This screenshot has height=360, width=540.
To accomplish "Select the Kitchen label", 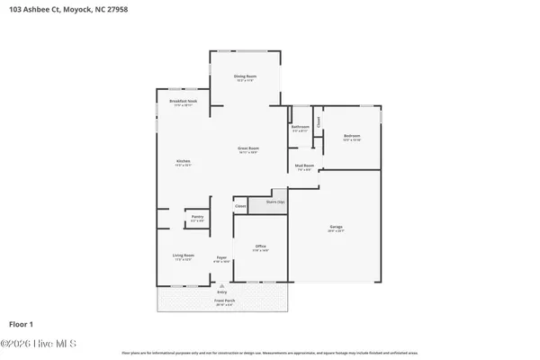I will (x=183, y=162).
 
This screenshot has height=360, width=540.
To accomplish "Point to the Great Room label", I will (x=248, y=148).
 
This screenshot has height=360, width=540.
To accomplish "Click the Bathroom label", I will (x=301, y=127).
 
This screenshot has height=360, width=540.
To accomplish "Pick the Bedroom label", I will (x=352, y=136).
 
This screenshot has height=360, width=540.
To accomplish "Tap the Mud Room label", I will (x=304, y=166).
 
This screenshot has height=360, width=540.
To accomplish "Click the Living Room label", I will (x=184, y=256).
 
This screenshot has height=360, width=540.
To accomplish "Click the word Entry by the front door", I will (x=222, y=292).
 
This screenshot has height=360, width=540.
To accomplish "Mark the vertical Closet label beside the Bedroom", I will (x=317, y=121).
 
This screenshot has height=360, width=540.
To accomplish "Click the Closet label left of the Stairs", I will (x=240, y=207).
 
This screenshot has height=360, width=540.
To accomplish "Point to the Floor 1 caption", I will (x=21, y=323).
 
